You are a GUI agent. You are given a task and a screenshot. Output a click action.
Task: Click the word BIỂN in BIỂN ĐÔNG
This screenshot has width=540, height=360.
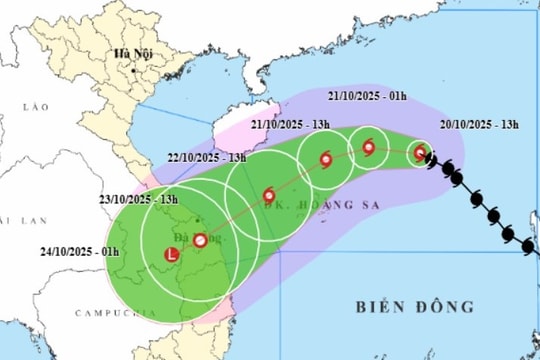tap(383, 306)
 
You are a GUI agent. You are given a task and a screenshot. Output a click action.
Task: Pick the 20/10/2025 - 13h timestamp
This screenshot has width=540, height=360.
tap(479, 124)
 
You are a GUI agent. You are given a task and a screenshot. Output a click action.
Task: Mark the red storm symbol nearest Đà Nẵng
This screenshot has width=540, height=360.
tap(200, 240)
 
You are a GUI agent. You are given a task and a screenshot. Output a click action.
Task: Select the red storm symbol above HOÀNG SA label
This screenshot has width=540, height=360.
tap(268, 195)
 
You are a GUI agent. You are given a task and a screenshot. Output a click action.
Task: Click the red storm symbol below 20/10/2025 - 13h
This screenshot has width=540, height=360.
tap(421, 154)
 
